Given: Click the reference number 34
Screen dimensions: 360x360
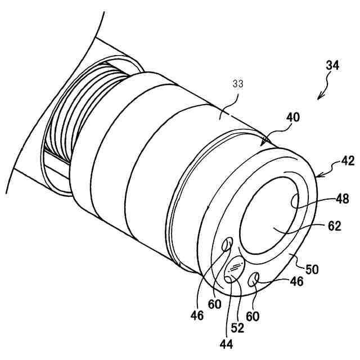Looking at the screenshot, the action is [332, 65].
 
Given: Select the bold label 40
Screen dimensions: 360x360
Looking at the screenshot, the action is [292, 118].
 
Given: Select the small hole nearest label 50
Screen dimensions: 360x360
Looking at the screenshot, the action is [255, 277].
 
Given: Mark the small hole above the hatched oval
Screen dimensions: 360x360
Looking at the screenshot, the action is [228, 245].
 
